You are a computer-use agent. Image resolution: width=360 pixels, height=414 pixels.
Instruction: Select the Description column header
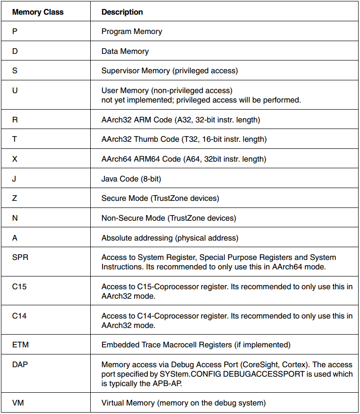[x=122, y=12]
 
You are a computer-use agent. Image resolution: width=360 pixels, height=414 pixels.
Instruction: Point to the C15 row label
[x=19, y=287]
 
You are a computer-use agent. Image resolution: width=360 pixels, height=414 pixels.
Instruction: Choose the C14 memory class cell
[x=19, y=316]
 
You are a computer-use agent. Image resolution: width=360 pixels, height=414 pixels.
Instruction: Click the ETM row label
[x=20, y=345]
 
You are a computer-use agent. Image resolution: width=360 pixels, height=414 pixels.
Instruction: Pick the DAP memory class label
[x=20, y=365]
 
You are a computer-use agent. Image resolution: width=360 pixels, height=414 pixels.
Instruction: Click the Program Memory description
[x=132, y=32]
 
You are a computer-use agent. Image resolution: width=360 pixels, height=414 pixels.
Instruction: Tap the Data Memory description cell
[x=125, y=51]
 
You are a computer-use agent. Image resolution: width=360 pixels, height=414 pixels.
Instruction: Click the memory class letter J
[x=14, y=179]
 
